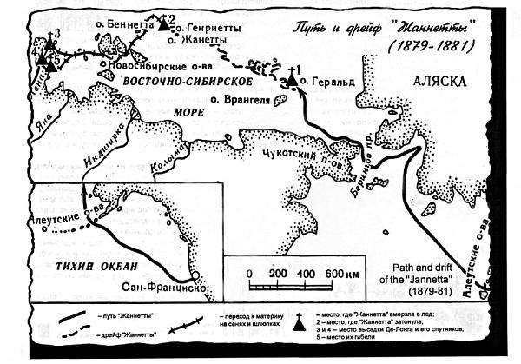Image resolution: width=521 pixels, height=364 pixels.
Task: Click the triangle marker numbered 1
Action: click(293, 80)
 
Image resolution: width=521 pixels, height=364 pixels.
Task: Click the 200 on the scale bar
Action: click(277, 273)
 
